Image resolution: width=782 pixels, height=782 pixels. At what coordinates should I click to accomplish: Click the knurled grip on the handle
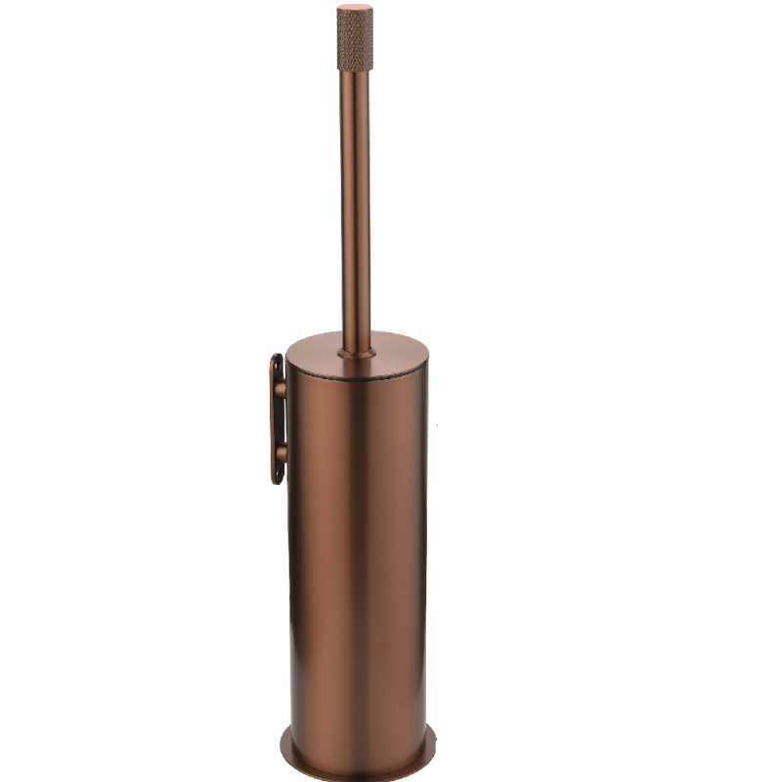pyautogui.click(x=355, y=41)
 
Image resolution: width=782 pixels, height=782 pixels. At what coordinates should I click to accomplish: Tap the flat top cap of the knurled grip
pyautogui.click(x=355, y=9)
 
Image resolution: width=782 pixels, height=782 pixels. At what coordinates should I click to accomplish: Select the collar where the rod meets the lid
pyautogui.click(x=356, y=349)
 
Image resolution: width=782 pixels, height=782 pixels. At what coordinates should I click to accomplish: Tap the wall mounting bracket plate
pyautogui.click(x=277, y=418)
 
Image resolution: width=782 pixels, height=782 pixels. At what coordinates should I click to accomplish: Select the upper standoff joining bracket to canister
pyautogui.click(x=282, y=390)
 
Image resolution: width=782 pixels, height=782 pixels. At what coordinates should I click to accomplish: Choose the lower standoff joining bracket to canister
pyautogui.click(x=282, y=454)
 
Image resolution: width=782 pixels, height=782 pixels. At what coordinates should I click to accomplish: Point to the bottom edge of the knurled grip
pyautogui.click(x=355, y=70)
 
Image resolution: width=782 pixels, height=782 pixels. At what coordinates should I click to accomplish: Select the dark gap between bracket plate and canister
pyautogui.click(x=285, y=421)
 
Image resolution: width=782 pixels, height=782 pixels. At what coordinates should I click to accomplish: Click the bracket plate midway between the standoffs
pyautogui.click(x=277, y=421)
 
